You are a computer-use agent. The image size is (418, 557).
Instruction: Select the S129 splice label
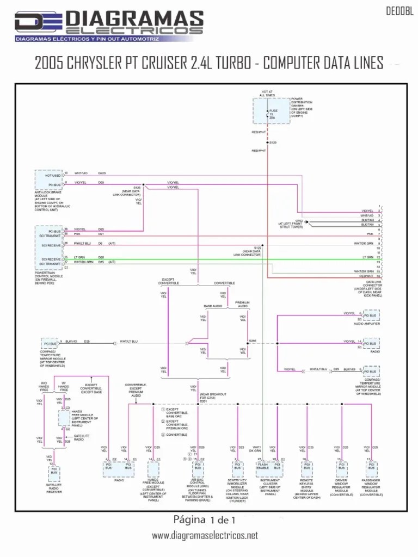tap(273, 143)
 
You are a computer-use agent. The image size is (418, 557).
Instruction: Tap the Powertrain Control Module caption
tap(51, 276)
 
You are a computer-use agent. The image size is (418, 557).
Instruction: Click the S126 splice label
tap(137, 187)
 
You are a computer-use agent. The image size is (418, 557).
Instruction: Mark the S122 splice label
tap(257, 247)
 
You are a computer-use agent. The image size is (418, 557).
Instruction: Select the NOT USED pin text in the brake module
tap(53, 176)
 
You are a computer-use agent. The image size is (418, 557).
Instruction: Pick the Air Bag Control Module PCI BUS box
tap(198, 466)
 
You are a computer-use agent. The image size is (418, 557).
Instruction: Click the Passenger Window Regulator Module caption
tap(371, 487)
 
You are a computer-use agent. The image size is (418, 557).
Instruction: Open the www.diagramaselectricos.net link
tap(205, 536)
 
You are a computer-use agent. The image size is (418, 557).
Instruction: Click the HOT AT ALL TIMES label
tap(267, 94)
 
